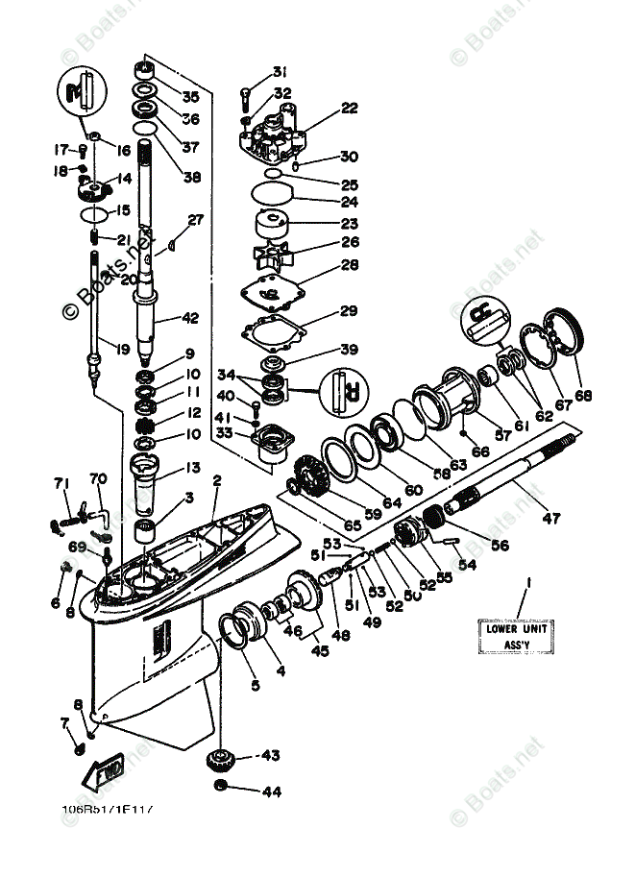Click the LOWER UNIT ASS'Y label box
[x=513, y=637]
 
